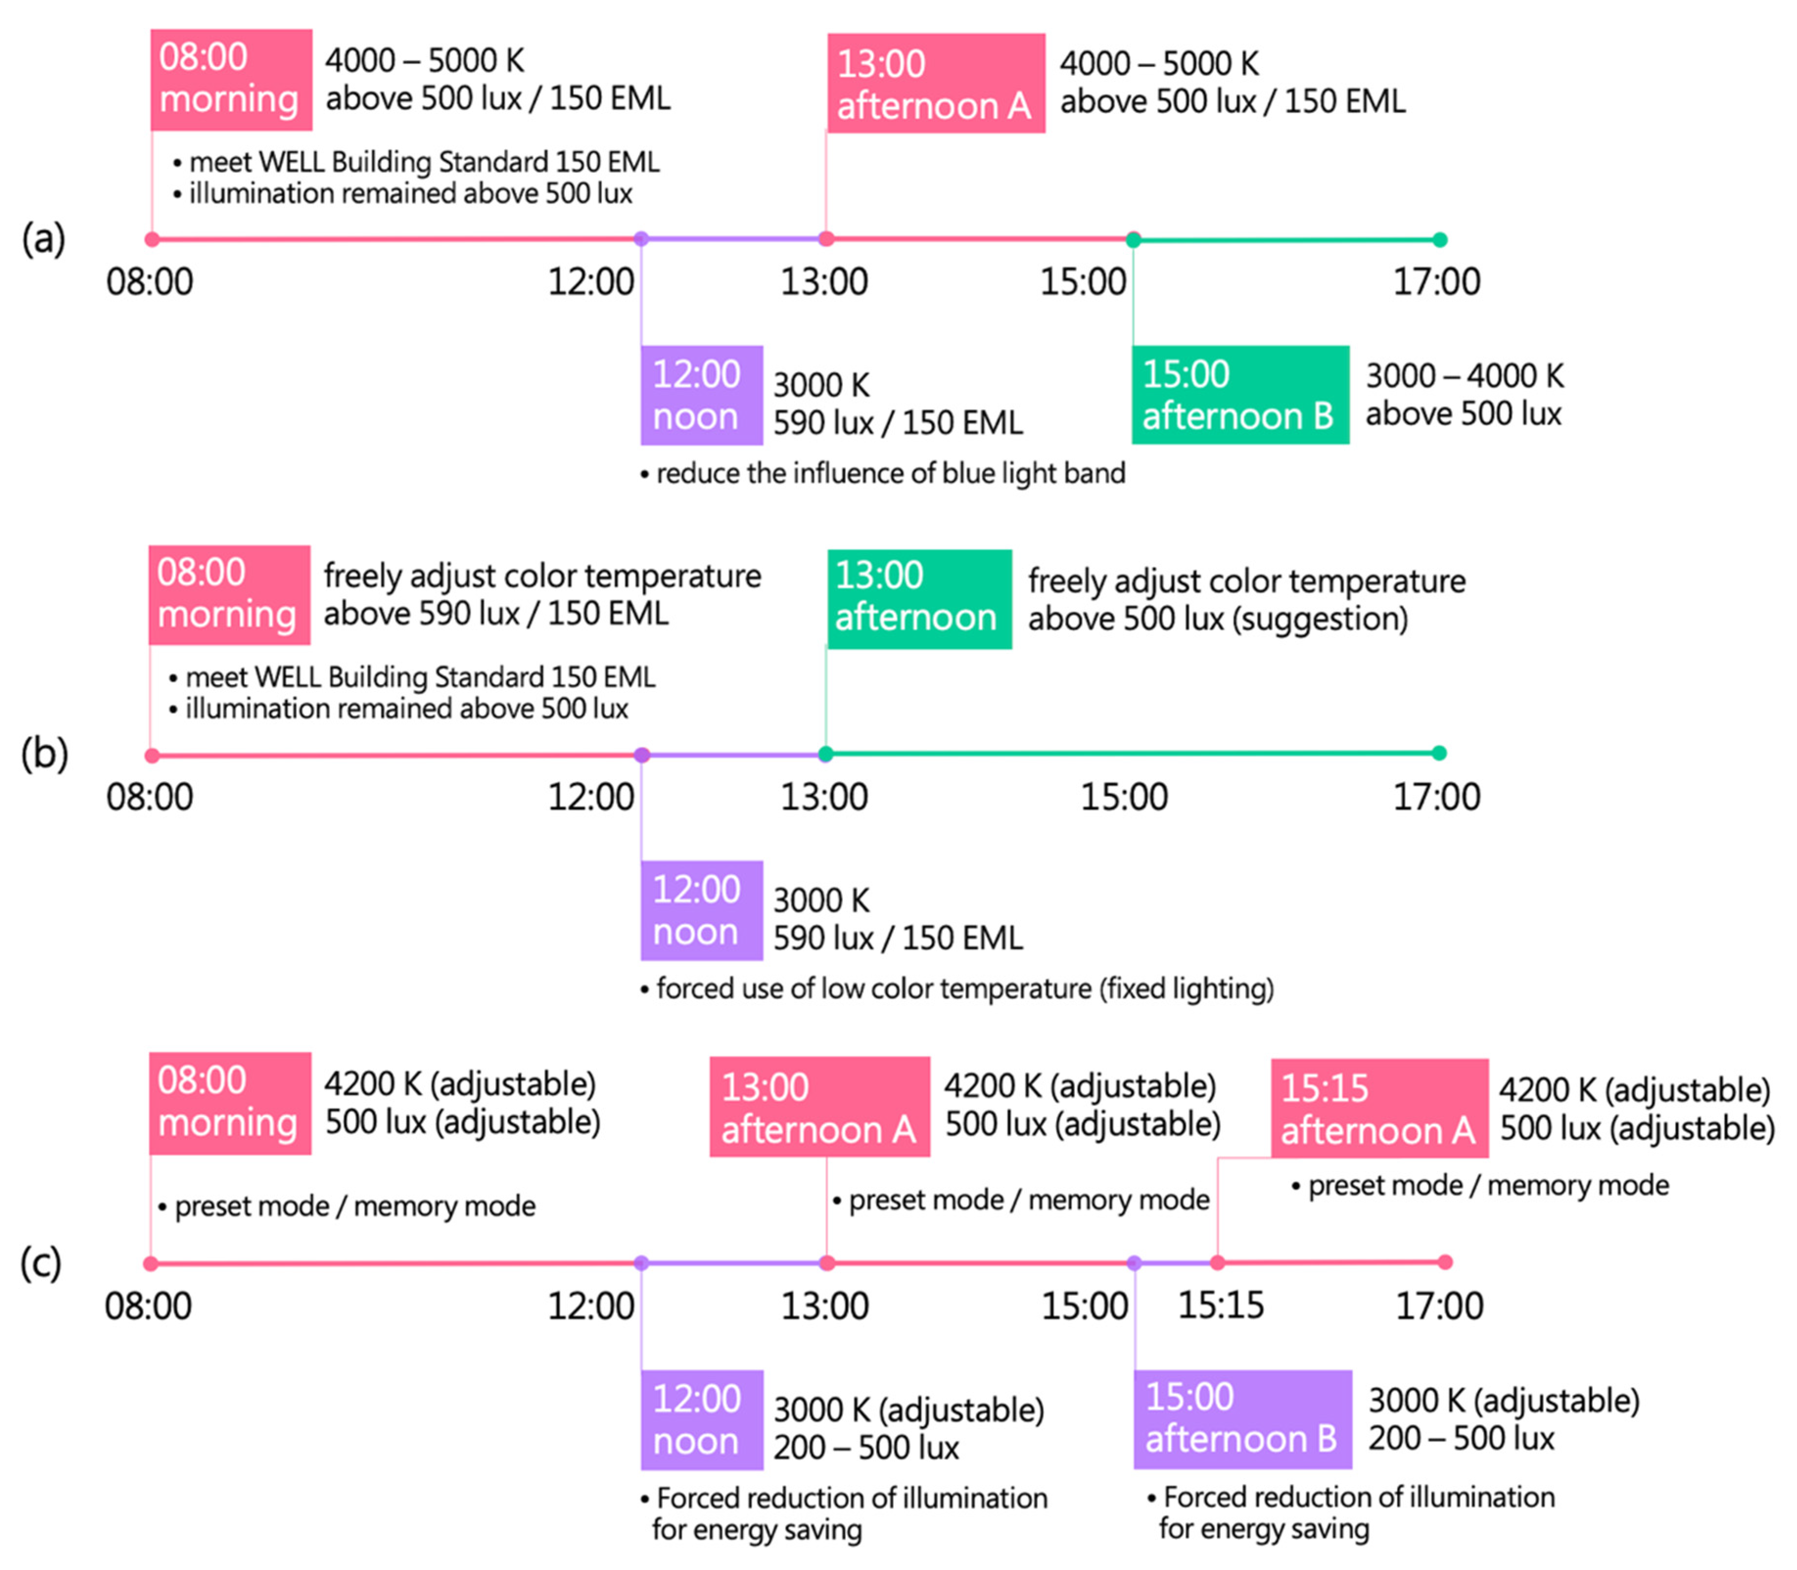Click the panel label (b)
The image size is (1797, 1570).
(44, 754)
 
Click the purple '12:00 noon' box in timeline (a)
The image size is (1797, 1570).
(701, 395)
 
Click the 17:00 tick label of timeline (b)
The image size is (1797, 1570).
(1436, 797)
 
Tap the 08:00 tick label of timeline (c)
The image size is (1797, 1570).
(148, 1306)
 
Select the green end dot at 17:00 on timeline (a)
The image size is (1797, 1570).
(1439, 239)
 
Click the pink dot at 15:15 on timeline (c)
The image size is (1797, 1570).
(1217, 1263)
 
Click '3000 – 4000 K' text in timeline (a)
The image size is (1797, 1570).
(1464, 376)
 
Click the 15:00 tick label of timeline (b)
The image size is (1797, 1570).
(1124, 797)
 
